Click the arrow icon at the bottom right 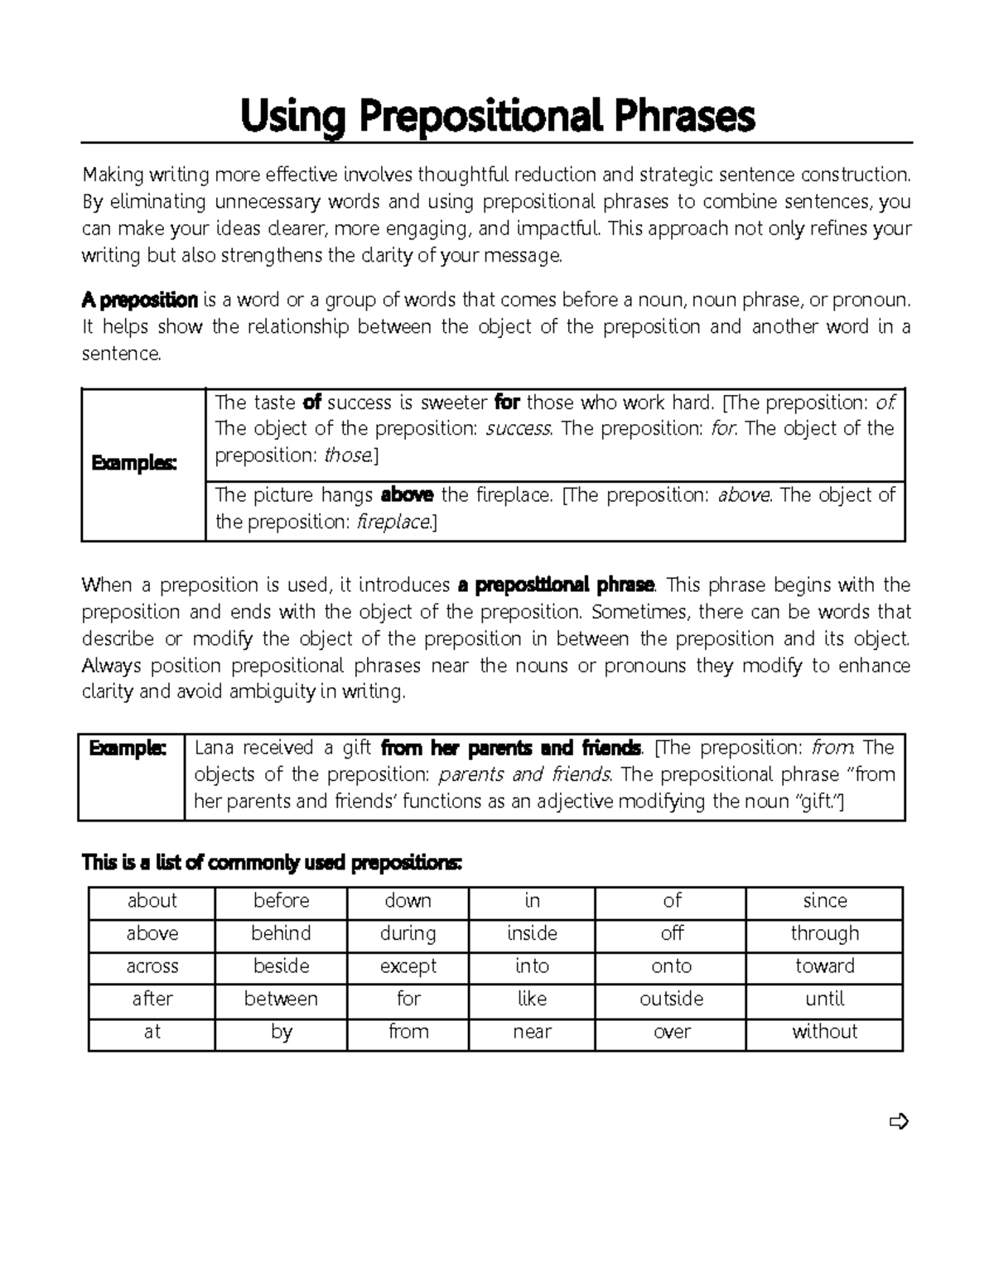899,1122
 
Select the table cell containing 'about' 152,901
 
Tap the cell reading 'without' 824,1032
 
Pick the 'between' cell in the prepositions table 281,999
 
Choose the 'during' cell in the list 408,934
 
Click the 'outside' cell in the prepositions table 671,999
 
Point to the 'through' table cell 824,934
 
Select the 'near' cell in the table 532,1032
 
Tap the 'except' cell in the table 408,966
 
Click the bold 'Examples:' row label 134,463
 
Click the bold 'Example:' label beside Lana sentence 128,748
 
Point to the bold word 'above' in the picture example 407,495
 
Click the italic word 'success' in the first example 519,429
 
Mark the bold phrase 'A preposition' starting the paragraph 139,300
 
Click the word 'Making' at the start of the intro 113,175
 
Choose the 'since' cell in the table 824,901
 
